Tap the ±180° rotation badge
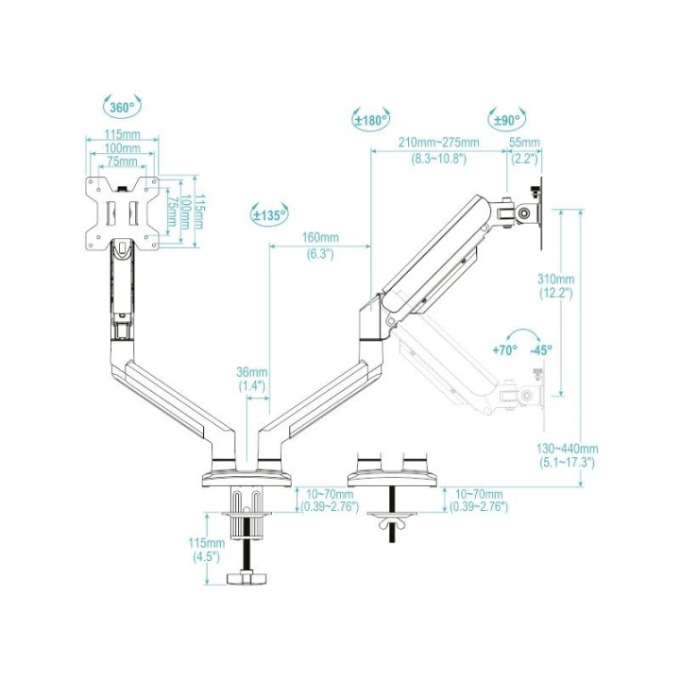pos(372,120)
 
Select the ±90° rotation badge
pos(508,120)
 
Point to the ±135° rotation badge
pos(269,214)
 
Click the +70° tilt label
pos(505,349)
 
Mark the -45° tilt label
pos(541,349)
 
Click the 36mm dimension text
pos(251,371)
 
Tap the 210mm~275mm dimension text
pos(438,143)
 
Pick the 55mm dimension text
pos(524,143)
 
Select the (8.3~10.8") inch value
pos(438,158)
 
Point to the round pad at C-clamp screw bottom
pos(250,576)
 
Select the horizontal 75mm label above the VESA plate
pos(119,161)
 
